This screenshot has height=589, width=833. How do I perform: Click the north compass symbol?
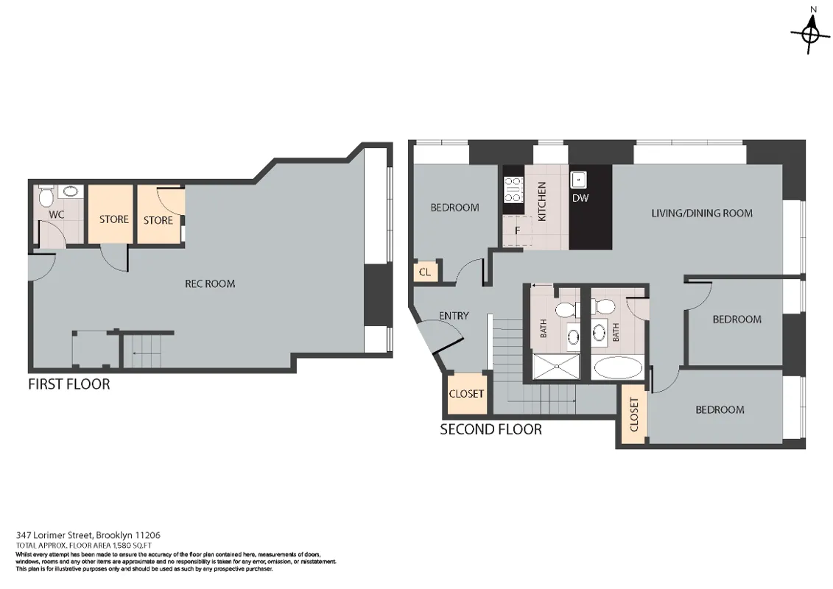810,32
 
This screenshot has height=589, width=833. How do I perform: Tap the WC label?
56,215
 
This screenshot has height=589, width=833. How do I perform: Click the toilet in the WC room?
46,196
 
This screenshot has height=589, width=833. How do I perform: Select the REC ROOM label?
210,283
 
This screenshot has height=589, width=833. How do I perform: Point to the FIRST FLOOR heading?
68,384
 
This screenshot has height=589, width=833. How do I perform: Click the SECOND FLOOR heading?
491,429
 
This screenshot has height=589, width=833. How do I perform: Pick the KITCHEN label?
542,202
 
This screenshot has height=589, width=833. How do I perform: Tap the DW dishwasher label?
580,198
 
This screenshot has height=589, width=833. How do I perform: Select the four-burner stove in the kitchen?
513,190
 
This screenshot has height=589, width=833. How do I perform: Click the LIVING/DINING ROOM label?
702,214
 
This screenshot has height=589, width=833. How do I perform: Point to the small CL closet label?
424,272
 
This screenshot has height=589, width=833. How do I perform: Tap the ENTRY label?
454,316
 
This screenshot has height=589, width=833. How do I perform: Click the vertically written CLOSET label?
634,415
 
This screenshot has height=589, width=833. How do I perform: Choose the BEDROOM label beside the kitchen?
454,208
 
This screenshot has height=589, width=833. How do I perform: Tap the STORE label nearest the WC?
113,219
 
